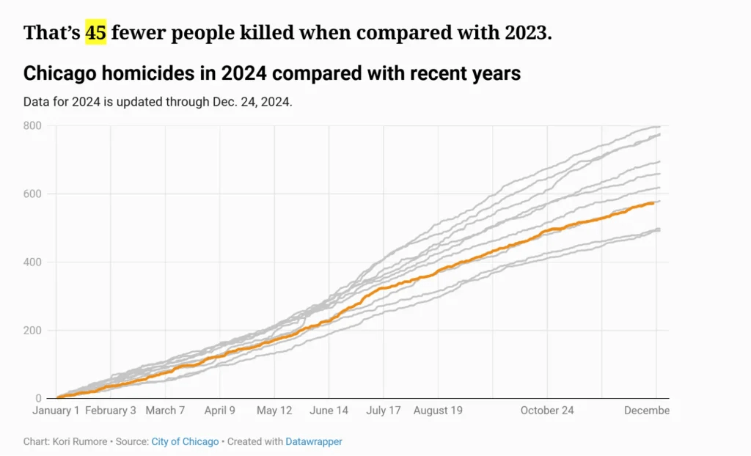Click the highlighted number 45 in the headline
coord(95,33)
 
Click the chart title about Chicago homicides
coord(272,73)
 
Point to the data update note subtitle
coord(158,102)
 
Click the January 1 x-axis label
coord(56,411)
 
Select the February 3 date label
coord(111,411)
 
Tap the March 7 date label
coord(165,411)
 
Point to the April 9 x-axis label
coord(219,411)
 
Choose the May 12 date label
coord(274,411)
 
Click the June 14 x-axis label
coord(329,411)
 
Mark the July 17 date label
coord(383,411)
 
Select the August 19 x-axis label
coord(438,411)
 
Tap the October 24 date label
coord(547,411)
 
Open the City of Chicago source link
coord(185,441)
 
